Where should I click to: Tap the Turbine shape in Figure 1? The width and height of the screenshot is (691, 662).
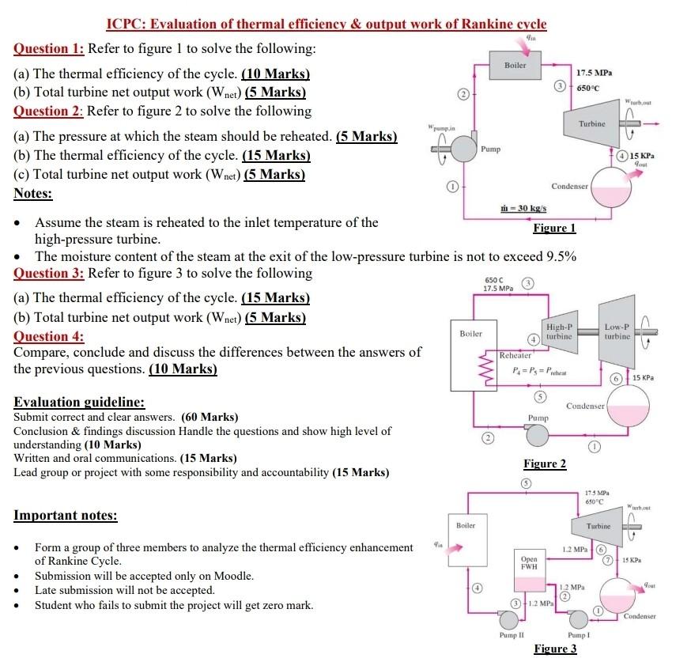(591, 124)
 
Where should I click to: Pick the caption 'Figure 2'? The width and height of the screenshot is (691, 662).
(545, 463)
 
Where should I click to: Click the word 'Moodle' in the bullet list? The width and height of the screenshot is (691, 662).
(235, 576)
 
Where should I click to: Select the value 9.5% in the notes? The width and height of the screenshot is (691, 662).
(561, 256)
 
